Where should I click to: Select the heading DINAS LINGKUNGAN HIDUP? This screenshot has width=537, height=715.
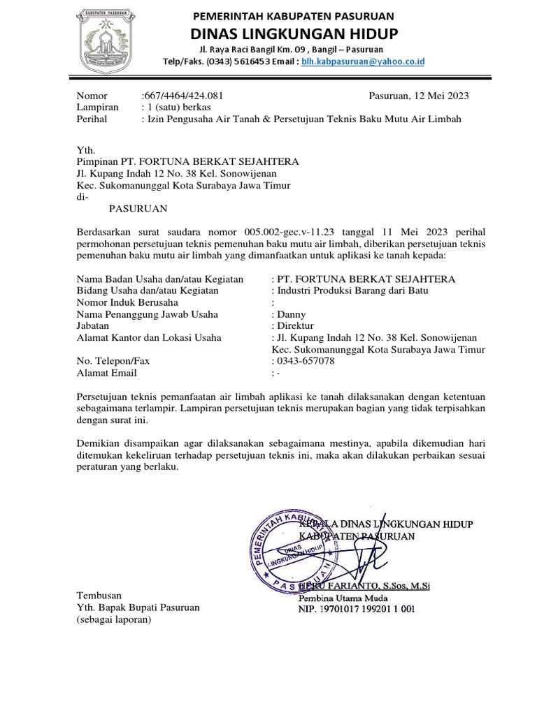click(293, 34)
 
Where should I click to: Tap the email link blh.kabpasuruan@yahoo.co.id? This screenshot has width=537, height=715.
click(363, 61)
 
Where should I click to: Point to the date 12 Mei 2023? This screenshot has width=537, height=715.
click(438, 96)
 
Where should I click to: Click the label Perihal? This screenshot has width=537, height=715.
click(93, 119)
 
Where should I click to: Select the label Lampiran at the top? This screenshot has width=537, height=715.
click(97, 108)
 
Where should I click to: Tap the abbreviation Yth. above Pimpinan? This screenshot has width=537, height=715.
click(85, 149)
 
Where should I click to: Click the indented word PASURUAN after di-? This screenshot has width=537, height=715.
click(138, 208)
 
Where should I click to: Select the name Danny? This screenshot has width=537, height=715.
click(292, 314)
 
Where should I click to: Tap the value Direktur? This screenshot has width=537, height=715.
click(296, 325)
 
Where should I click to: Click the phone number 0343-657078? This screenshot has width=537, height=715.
click(306, 361)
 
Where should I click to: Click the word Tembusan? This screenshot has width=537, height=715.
click(99, 596)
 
